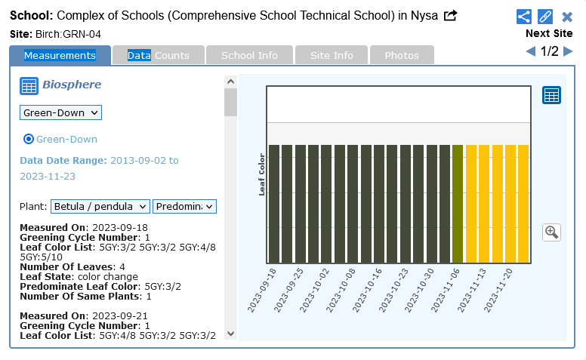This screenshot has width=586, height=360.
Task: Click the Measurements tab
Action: point(60,55)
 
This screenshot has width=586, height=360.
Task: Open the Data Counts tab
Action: point(158,55)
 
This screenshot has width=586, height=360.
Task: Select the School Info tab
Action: point(249,55)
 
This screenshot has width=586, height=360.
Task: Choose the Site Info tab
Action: point(332,55)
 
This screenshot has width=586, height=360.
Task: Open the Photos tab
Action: point(401,55)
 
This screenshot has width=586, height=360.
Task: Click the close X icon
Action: point(567,17)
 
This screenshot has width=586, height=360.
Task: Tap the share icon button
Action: point(524,17)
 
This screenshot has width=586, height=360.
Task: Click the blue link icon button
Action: point(545,17)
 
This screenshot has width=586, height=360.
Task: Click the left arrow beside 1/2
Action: point(531,51)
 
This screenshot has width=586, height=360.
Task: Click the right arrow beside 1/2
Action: point(568,51)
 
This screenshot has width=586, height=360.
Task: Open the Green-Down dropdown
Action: point(60,112)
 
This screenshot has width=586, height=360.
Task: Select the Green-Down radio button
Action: point(29,139)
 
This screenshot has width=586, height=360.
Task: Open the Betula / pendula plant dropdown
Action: point(100,206)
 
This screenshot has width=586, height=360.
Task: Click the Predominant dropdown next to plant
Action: point(184,206)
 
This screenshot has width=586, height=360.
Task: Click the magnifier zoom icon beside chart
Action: point(551,232)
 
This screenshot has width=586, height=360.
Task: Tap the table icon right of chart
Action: point(551,95)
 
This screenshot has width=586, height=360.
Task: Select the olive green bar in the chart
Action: point(458,204)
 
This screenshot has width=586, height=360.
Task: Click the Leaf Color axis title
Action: point(261,174)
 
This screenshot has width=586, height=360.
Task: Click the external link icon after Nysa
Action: point(450,15)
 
